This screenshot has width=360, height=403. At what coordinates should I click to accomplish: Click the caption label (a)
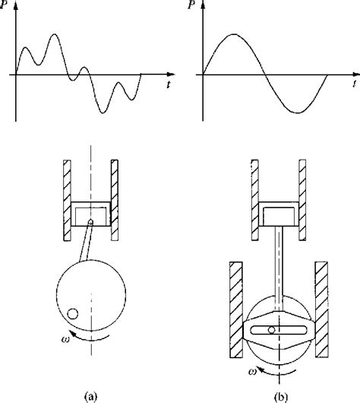pyautogui.click(x=90, y=396)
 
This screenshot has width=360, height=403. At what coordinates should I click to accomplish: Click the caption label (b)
pyautogui.click(x=281, y=396)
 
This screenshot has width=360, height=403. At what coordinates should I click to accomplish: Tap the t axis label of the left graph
pyautogui.click(x=169, y=84)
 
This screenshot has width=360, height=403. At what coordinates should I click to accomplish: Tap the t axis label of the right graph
pyautogui.click(x=355, y=84)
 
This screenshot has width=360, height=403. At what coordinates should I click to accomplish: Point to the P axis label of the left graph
pyautogui.click(x=4, y=5)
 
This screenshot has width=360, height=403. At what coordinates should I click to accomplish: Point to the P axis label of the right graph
pyautogui.click(x=191, y=5)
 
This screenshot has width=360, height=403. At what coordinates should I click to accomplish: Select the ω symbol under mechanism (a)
pyautogui.click(x=65, y=339)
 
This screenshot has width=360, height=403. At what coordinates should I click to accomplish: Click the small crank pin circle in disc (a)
pyautogui.click(x=72, y=314)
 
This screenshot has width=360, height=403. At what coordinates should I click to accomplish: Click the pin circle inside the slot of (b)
pyautogui.click(x=271, y=330)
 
